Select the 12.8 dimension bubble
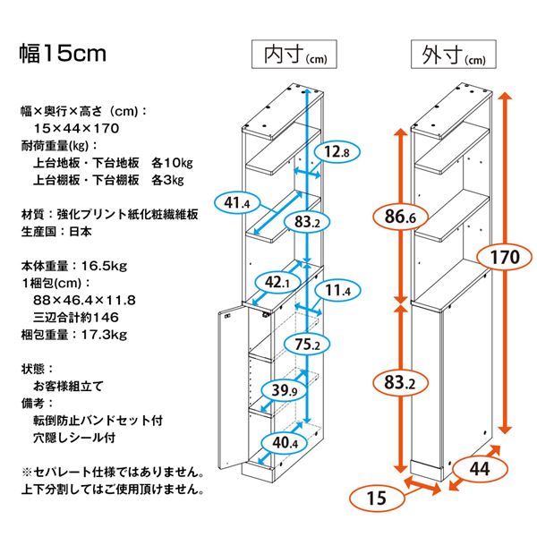click(x=336, y=153)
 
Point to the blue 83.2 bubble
click(x=307, y=222)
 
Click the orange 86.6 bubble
click(x=399, y=217)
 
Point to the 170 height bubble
click(x=506, y=258)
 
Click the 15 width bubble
click(x=375, y=499)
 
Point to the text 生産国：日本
click(x=55, y=231)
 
